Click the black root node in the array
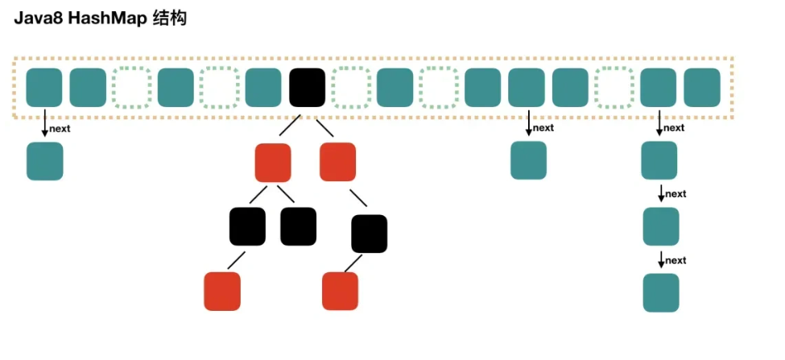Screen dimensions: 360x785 [307, 88]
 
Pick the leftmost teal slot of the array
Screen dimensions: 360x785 [44, 88]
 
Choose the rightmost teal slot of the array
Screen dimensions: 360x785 [702, 88]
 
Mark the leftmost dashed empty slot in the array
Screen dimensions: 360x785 [131, 88]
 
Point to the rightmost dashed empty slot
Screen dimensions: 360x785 [614, 88]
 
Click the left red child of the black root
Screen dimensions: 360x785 [273, 161]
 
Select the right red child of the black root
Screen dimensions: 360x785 [337, 161]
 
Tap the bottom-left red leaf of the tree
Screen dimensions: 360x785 [222, 291]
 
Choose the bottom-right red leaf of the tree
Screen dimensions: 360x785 [340, 291]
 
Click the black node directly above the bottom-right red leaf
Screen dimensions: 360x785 [370, 234]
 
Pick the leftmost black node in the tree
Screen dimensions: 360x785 [247, 226]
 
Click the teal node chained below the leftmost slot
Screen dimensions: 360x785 [44, 161]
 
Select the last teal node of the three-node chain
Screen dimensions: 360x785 [661, 292]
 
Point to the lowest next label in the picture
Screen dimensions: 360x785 [675, 260]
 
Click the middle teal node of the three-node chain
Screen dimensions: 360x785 [661, 226]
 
